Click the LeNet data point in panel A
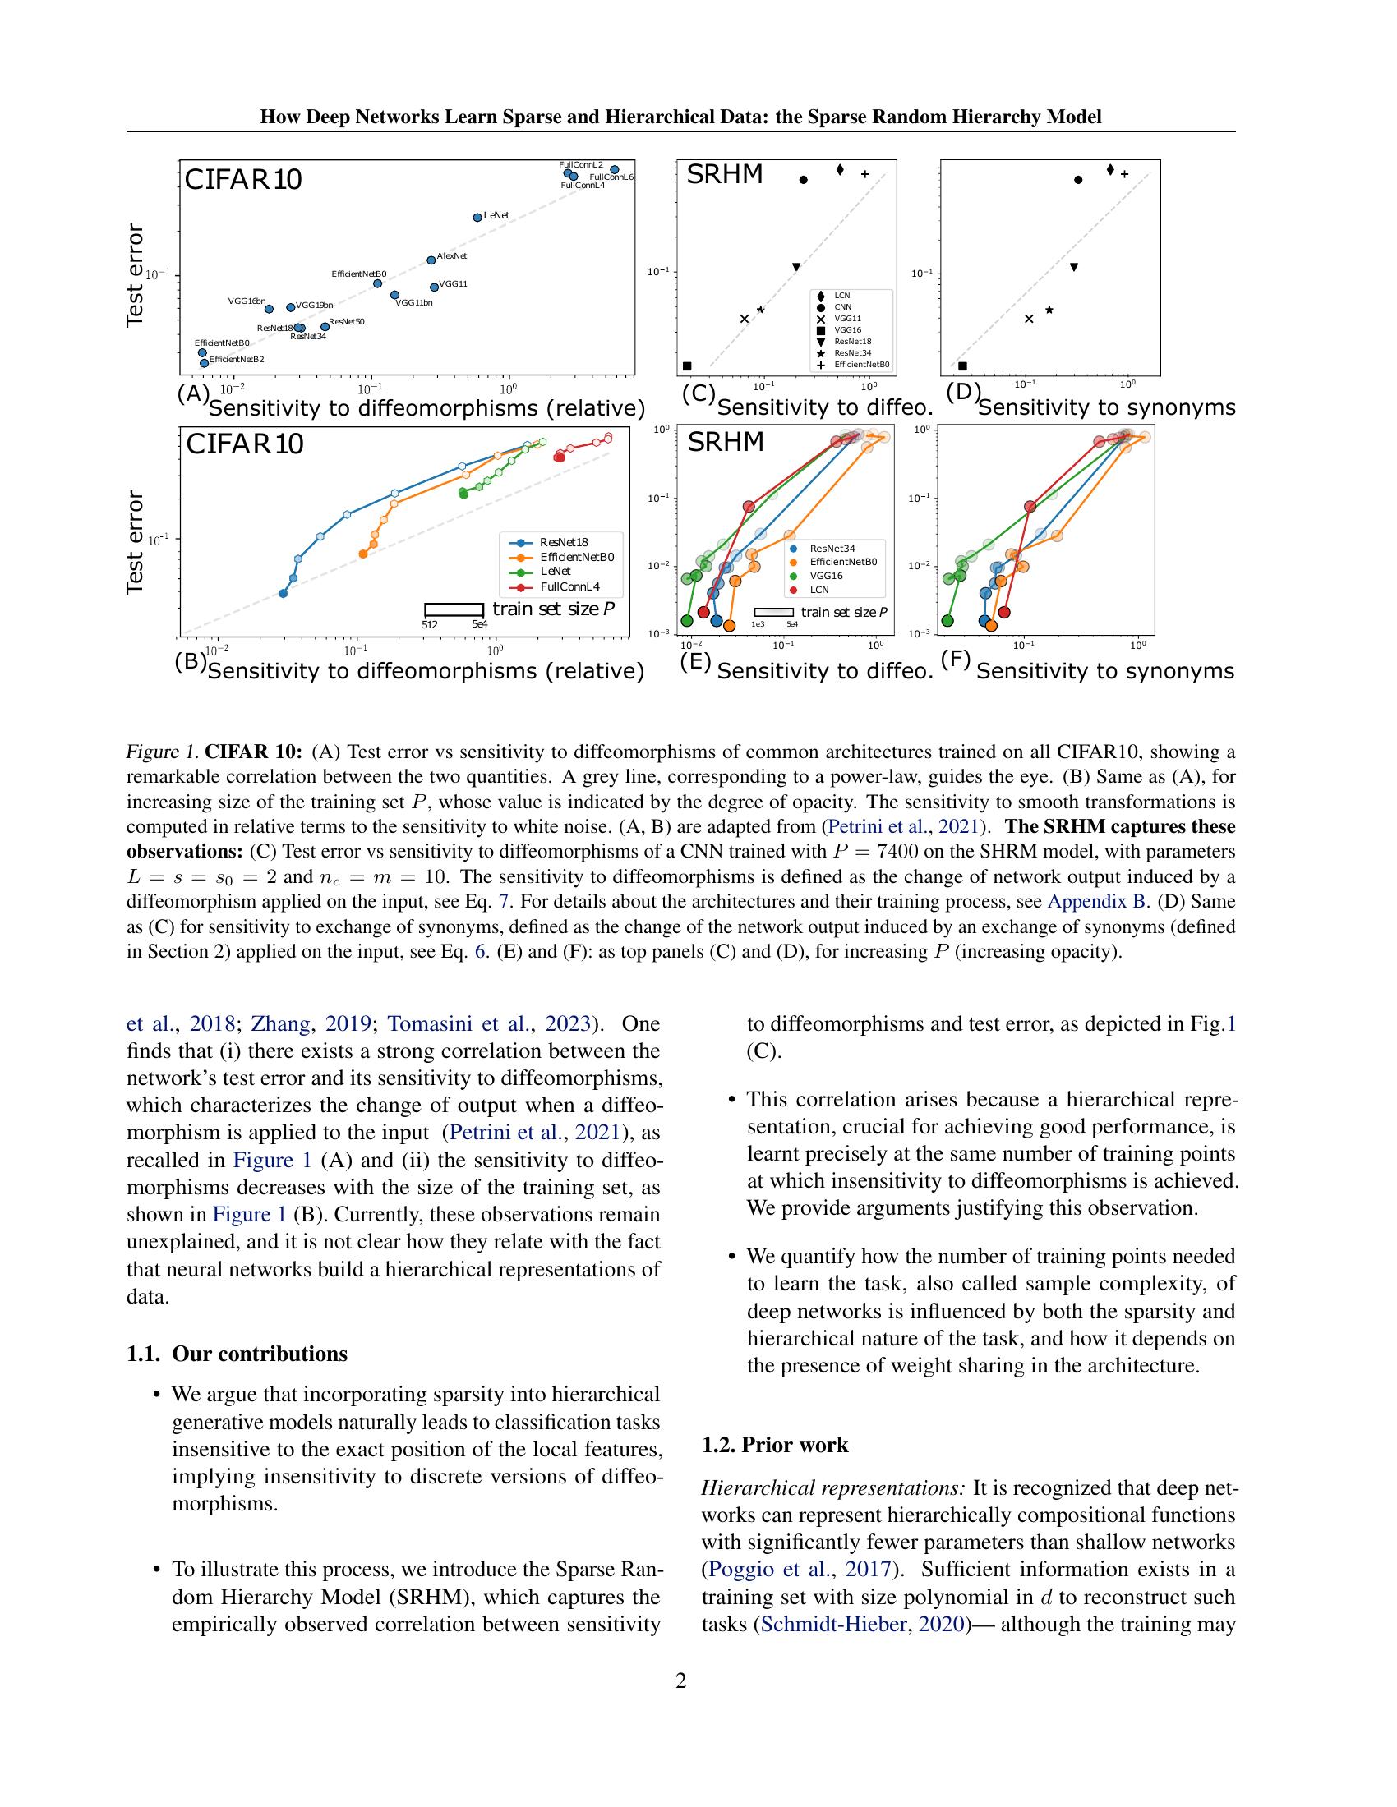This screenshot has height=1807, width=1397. click(477, 218)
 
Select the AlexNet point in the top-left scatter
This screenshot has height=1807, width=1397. click(431, 260)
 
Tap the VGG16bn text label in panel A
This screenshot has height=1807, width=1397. click(247, 301)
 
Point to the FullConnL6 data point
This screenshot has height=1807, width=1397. click(615, 170)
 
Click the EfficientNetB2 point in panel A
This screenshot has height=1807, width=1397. click(205, 362)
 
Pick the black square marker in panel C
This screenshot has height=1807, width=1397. click(687, 366)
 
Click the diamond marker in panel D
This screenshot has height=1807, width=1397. click(1111, 170)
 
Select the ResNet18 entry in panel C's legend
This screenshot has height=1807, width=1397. click(852, 341)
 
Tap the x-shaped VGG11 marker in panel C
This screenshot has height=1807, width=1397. click(744, 319)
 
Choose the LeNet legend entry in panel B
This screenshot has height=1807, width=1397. click(555, 572)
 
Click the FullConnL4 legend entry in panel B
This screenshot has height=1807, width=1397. click(569, 586)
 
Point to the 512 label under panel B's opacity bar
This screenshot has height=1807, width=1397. click(430, 625)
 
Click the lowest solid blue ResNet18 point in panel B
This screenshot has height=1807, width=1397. click(283, 593)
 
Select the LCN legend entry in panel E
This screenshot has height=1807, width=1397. click(818, 590)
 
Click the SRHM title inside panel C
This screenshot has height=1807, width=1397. click(725, 175)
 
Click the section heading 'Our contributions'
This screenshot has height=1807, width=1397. click(259, 1354)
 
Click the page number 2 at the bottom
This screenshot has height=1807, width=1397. click(681, 1681)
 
